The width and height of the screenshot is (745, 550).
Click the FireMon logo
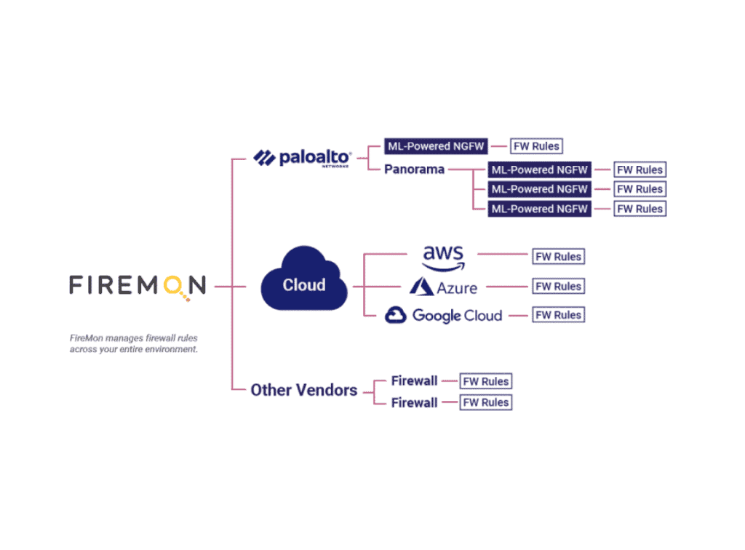point(138,285)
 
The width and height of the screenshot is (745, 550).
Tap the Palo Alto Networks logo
point(303,157)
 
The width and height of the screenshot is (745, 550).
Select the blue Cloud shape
point(304,283)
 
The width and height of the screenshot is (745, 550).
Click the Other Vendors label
point(303,390)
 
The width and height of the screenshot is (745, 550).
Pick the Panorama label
point(414,170)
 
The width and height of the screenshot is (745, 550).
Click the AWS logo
point(443,257)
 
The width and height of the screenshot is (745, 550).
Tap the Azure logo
point(444,287)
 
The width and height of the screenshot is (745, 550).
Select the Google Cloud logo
point(443,315)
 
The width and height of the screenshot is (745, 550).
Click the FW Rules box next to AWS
point(558,257)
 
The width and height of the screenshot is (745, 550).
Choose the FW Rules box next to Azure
point(558,286)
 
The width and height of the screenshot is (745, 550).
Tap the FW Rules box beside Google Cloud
point(558,315)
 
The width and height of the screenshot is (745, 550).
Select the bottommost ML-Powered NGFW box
point(539,209)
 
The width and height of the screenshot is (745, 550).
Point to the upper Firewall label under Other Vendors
point(414,381)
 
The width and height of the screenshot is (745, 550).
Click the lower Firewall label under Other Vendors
point(414,402)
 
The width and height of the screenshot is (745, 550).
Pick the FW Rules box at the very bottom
point(486,402)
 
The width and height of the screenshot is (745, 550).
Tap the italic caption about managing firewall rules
point(133,343)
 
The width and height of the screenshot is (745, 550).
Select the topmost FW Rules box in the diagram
point(536,146)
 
